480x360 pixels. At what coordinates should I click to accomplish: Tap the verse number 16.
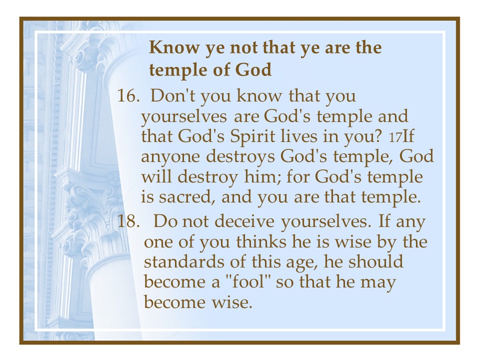tap(127, 95)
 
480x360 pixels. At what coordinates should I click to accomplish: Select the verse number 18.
tap(128, 221)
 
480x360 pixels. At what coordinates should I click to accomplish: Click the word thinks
tap(264, 242)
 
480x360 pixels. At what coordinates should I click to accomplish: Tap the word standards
tap(185, 262)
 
